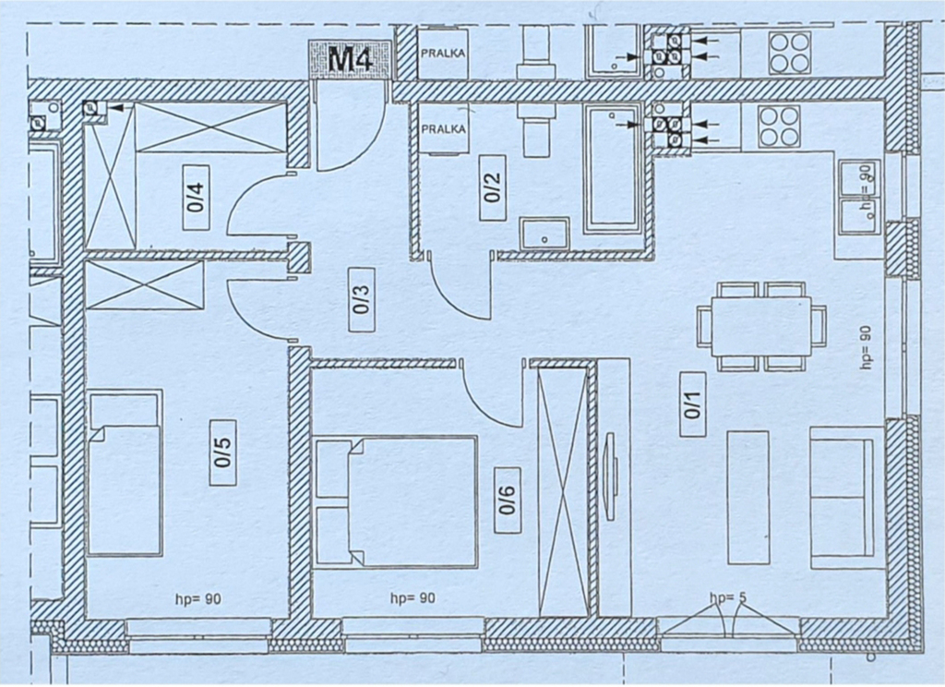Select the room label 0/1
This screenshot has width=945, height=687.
tap(693, 404)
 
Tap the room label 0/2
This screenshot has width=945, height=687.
tap(493, 187)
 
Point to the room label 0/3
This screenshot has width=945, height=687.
tap(363, 299)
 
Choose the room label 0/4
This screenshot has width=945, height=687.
tap(197, 198)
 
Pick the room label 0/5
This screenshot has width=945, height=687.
tap(222, 452)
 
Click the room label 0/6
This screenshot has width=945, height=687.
tap(508, 500)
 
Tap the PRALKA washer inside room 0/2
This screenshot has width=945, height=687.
tap(443, 128)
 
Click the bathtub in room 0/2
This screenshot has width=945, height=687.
tap(612, 170)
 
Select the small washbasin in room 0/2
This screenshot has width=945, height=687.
tap(544, 234)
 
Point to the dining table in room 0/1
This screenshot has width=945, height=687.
tap(761, 326)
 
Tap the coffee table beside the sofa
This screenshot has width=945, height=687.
tap(748, 498)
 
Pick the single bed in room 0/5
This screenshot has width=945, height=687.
tap(126, 472)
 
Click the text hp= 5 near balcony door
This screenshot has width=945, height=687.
tap(728, 598)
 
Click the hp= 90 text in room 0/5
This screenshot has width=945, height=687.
tap(198, 599)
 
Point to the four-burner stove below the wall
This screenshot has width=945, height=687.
tap(779, 127)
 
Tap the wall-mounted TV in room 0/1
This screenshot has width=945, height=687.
tap(611, 476)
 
